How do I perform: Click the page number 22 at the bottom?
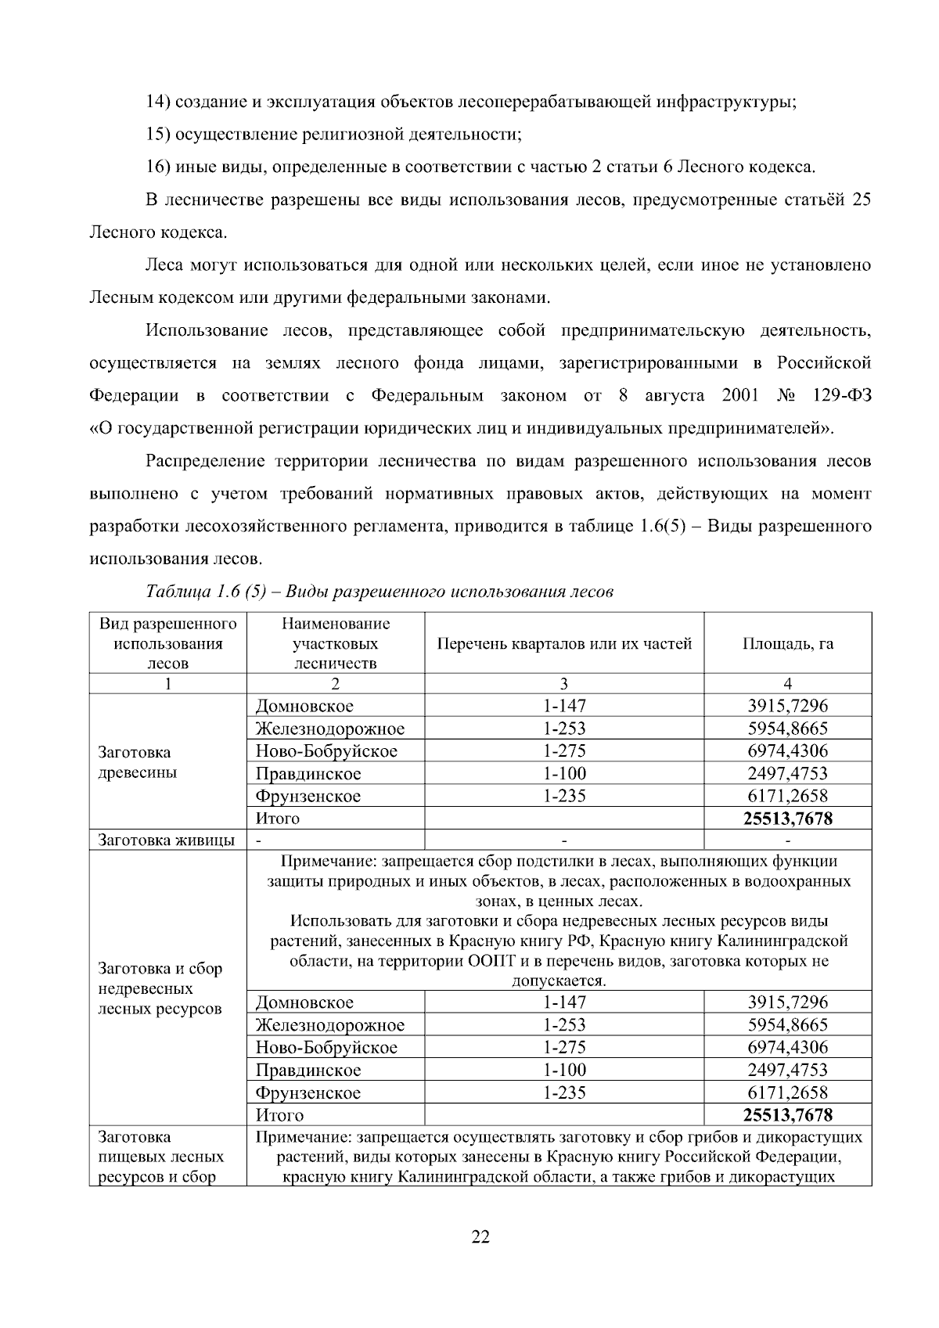(x=480, y=1237)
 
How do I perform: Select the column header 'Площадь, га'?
(x=788, y=644)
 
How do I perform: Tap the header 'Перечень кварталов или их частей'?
(x=563, y=644)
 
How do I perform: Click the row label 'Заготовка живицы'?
(x=166, y=840)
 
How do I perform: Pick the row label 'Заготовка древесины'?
(x=138, y=763)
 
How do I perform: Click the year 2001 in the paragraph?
(x=740, y=396)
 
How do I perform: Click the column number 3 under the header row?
(x=564, y=683)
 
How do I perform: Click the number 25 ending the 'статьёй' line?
(x=861, y=200)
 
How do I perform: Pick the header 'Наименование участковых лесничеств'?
(x=335, y=644)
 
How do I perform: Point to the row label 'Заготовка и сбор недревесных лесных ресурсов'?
(x=160, y=988)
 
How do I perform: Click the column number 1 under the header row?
(x=167, y=683)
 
